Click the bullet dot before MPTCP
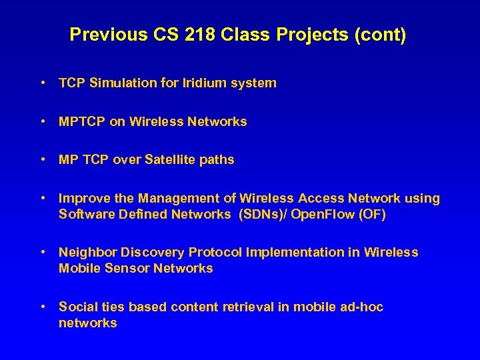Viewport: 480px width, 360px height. pos(43,122)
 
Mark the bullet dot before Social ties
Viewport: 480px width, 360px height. pos(43,307)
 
